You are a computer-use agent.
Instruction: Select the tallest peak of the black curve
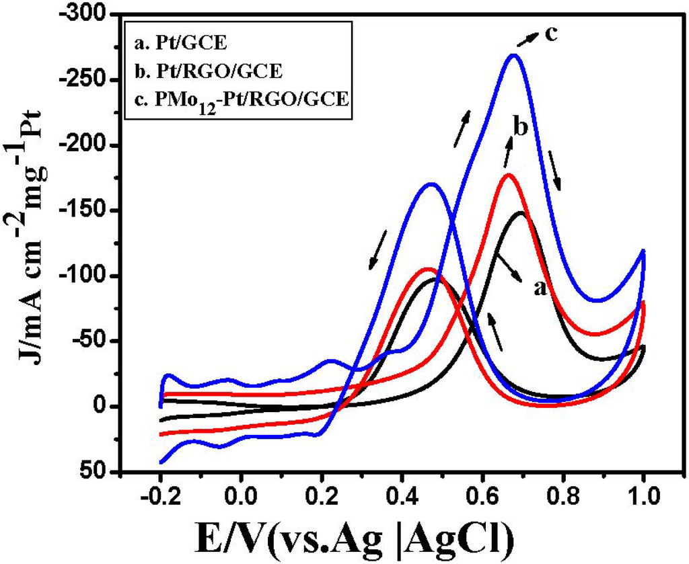click(x=521, y=212)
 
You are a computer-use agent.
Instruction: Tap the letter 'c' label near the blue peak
click(x=550, y=33)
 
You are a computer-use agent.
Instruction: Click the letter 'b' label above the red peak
click(x=517, y=127)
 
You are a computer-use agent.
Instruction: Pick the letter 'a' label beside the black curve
click(x=538, y=288)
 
